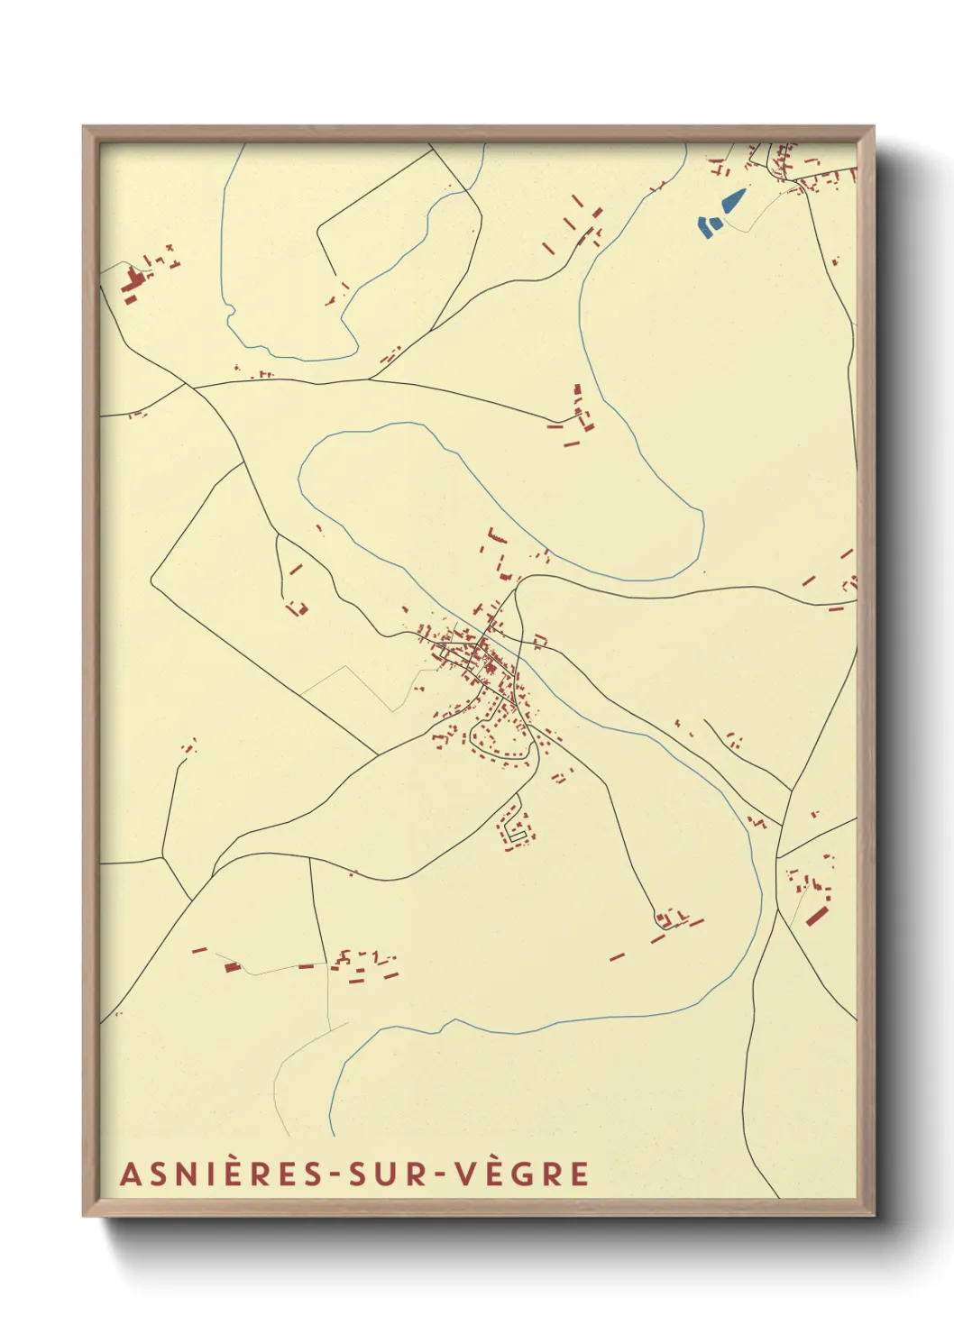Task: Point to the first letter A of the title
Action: (x=130, y=1174)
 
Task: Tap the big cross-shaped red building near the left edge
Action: (x=132, y=285)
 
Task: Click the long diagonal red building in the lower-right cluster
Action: (x=816, y=916)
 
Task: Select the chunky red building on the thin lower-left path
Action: (x=233, y=967)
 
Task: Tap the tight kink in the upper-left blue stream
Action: (x=230, y=311)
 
